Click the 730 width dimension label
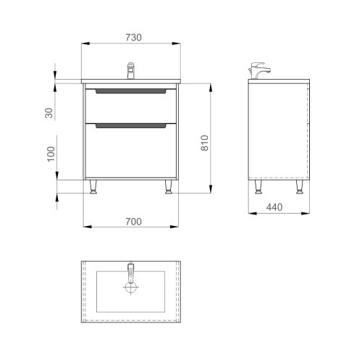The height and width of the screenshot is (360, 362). coord(131,37)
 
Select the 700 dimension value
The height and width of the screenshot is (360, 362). coord(131,221)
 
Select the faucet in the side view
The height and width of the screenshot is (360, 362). coord(260,71)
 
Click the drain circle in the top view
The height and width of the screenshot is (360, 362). coord(131,288)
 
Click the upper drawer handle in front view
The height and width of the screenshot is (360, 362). coord(131,92)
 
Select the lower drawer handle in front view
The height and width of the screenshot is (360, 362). coord(131,126)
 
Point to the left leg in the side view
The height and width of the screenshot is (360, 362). coord(258,188)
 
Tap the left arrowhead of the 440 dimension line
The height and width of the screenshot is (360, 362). coord(251,214)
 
